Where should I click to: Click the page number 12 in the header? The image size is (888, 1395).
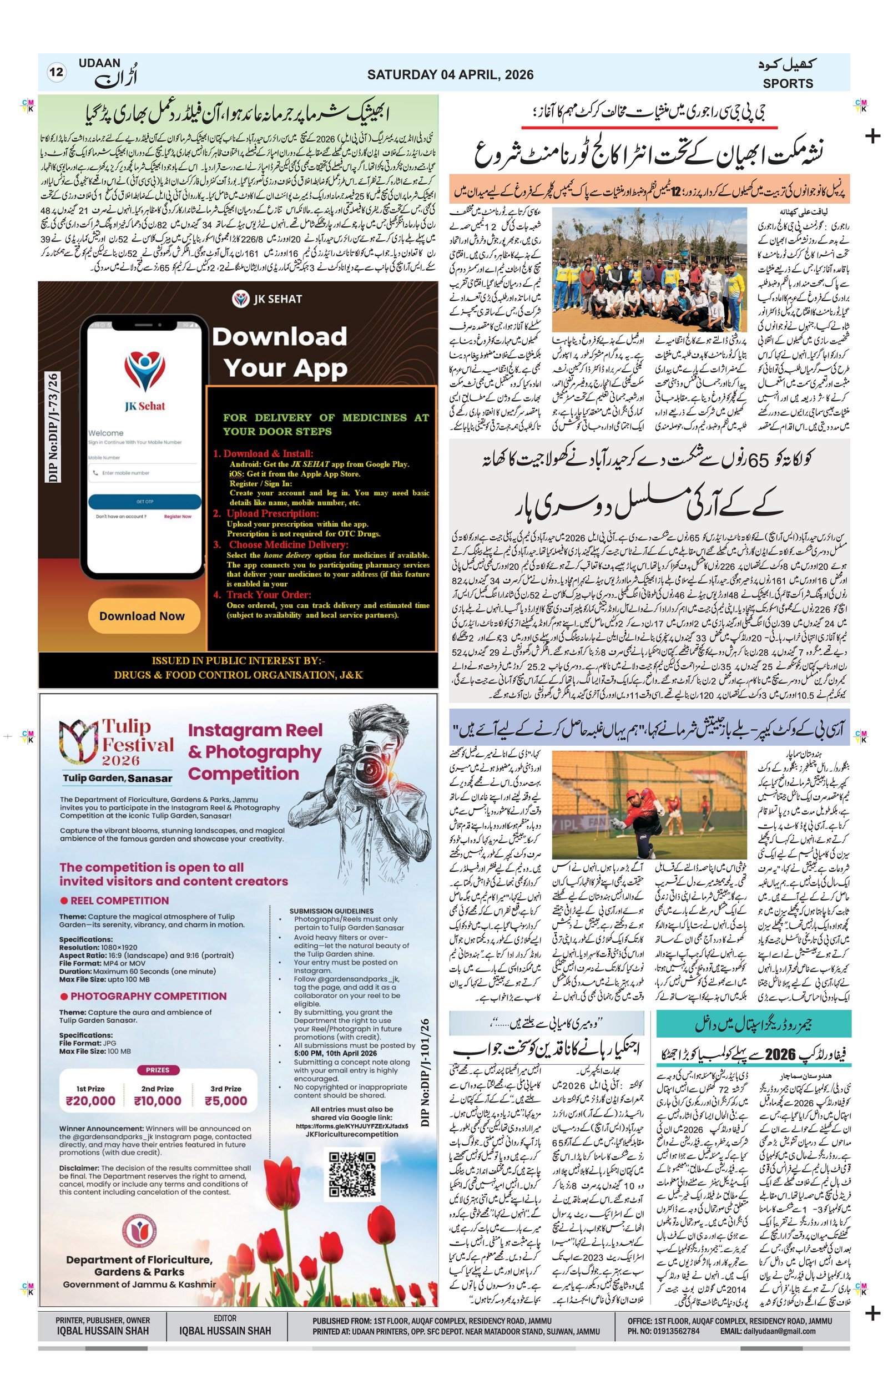(56, 73)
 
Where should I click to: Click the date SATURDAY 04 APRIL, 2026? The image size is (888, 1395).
(450, 75)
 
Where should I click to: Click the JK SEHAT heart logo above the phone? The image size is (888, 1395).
(240, 299)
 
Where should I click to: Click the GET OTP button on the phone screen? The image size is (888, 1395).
(144, 502)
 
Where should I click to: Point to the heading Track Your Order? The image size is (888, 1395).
(268, 595)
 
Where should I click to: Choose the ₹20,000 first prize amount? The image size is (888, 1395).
(91, 1101)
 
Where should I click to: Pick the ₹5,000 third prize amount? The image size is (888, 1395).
(225, 1101)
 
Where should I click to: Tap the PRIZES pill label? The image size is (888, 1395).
(158, 1069)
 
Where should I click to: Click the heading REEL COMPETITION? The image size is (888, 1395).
(119, 901)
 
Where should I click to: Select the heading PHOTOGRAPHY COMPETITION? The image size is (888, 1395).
(148, 997)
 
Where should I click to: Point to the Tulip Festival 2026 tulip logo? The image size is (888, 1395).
(79, 743)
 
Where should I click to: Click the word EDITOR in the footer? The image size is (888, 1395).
(225, 1318)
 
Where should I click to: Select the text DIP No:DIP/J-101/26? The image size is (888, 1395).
(426, 1072)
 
